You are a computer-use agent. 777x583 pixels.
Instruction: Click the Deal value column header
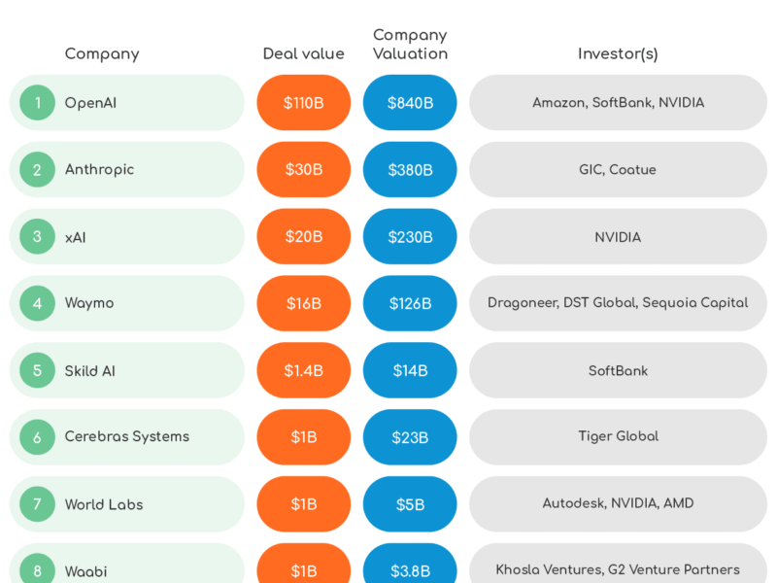click(x=303, y=54)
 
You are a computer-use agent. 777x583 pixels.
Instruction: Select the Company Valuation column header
click(x=410, y=45)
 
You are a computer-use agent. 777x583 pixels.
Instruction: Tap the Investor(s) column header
click(x=618, y=54)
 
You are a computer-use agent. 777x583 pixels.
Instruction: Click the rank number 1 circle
click(x=38, y=102)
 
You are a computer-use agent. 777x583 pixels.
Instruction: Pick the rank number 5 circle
click(x=38, y=370)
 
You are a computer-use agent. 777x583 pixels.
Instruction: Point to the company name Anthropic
click(x=99, y=169)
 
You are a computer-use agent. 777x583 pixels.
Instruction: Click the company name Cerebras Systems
click(x=126, y=437)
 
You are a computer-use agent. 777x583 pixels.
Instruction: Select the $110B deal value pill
click(x=303, y=102)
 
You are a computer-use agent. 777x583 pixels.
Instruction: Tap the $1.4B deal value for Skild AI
click(x=303, y=370)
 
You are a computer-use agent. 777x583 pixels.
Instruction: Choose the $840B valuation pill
click(x=410, y=102)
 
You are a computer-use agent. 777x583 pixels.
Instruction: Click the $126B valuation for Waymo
click(x=410, y=303)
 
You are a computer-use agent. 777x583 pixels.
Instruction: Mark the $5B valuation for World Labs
click(x=410, y=504)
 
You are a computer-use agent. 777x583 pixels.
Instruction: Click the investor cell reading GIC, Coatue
click(x=618, y=169)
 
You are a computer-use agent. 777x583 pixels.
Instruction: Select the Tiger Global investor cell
click(x=618, y=437)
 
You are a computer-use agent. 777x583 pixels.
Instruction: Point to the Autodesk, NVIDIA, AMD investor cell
click(x=618, y=504)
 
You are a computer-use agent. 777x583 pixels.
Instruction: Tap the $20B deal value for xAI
click(x=303, y=236)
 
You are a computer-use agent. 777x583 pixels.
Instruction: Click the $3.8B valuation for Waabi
click(x=410, y=570)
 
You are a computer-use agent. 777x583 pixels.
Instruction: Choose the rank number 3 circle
click(x=38, y=236)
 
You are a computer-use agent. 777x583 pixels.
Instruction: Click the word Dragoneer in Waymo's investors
click(x=522, y=303)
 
